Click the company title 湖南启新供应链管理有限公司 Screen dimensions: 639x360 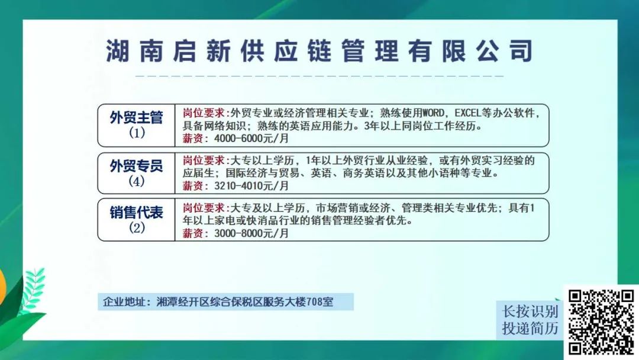tap(319, 51)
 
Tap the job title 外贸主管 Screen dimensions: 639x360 tap(136, 117)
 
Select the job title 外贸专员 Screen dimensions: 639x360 tap(136, 166)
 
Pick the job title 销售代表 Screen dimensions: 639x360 tap(136, 213)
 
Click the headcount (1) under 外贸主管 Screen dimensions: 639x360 tap(137, 133)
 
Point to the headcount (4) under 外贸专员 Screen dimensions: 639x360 tap(137, 181)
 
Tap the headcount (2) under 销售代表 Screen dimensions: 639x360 tap(137, 227)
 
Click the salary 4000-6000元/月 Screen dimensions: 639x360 tap(251, 139)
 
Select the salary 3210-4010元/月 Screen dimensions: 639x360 tap(251, 186)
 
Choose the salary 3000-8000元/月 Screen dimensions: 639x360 tap(251, 233)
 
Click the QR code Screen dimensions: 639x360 tap(601, 322)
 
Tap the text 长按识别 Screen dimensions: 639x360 tap(530, 311)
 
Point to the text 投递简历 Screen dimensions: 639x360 tap(530, 328)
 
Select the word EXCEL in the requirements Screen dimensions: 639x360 tap(468, 112)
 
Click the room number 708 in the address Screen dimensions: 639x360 tap(314, 302)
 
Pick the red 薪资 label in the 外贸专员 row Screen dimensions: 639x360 tap(193, 186)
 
